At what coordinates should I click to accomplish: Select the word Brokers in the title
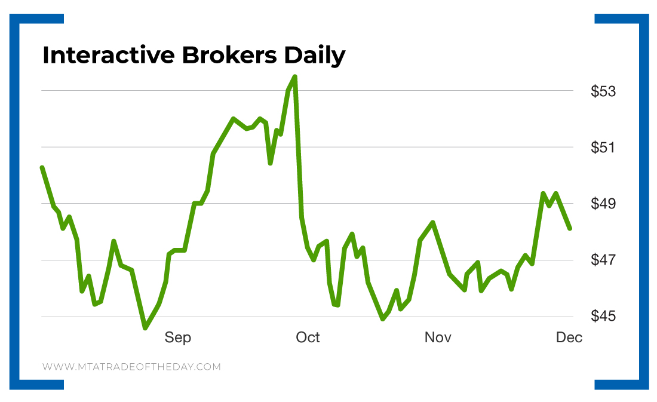pyautogui.click(x=229, y=56)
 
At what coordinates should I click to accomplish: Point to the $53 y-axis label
pyautogui.click(x=603, y=91)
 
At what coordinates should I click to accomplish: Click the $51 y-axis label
pyautogui.click(x=603, y=147)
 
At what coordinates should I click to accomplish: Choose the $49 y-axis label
pyautogui.click(x=603, y=203)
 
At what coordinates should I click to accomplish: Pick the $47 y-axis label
pyautogui.click(x=603, y=260)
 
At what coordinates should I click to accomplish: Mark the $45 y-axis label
pyautogui.click(x=603, y=316)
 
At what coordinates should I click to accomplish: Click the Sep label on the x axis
pyautogui.click(x=178, y=338)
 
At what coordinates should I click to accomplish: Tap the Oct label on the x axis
pyautogui.click(x=308, y=337)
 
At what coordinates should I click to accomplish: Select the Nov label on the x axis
pyautogui.click(x=438, y=337)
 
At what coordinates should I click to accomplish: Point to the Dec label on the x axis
pyautogui.click(x=569, y=337)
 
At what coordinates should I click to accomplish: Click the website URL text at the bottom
pyautogui.click(x=131, y=366)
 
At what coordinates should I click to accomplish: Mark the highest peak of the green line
pyautogui.click(x=294, y=76)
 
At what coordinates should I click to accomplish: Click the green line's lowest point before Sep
pyautogui.click(x=145, y=327)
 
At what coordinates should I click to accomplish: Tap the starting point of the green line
pyautogui.click(x=42, y=168)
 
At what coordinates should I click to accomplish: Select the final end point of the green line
pyautogui.click(x=570, y=228)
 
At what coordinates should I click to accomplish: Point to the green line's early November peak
pyautogui.click(x=432, y=222)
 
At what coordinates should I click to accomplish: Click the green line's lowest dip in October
pyautogui.click(x=383, y=319)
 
